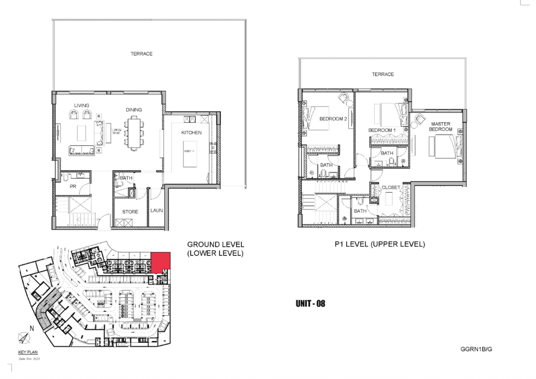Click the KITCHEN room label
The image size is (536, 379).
191,132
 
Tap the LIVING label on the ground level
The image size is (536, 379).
82,105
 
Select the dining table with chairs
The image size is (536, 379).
133,132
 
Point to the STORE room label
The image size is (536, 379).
130,212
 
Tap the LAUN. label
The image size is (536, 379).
156,210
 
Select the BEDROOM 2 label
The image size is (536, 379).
333,119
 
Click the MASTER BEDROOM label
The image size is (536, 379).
440,126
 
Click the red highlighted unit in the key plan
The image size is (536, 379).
161,262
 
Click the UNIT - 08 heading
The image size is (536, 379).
310,304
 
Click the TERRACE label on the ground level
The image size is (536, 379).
141,54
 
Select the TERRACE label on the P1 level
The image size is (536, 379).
383,74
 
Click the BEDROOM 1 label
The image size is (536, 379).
382,130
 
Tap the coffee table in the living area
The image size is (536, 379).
81,132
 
